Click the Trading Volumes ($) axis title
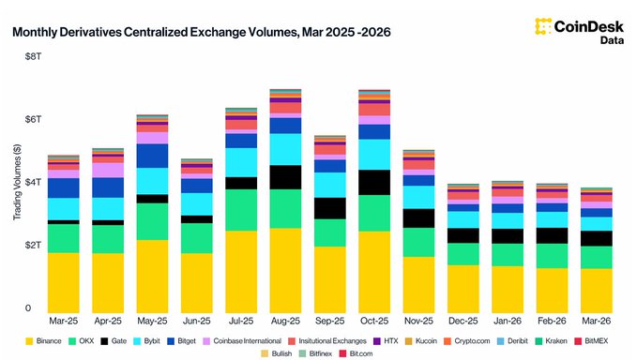pyautogui.click(x=18, y=184)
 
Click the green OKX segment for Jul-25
pyautogui.click(x=241, y=210)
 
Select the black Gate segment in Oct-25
pyautogui.click(x=374, y=182)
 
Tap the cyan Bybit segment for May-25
pyautogui.click(x=152, y=181)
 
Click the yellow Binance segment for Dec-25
pyautogui.click(x=463, y=289)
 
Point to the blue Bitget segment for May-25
pyautogui.click(x=152, y=156)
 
